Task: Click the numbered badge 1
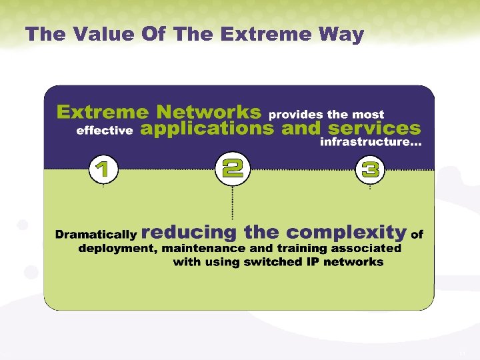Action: pyautogui.click(x=103, y=170)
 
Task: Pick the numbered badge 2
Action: pyautogui.click(x=232, y=168)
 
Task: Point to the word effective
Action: pyautogui.click(x=105, y=131)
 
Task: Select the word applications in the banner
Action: pyautogui.click(x=207, y=129)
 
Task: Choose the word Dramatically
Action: pyautogui.click(x=96, y=235)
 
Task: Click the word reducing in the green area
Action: pyautogui.click(x=189, y=233)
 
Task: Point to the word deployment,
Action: pyautogui.click(x=116, y=249)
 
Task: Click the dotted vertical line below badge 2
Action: pyautogui.click(x=232, y=203)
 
